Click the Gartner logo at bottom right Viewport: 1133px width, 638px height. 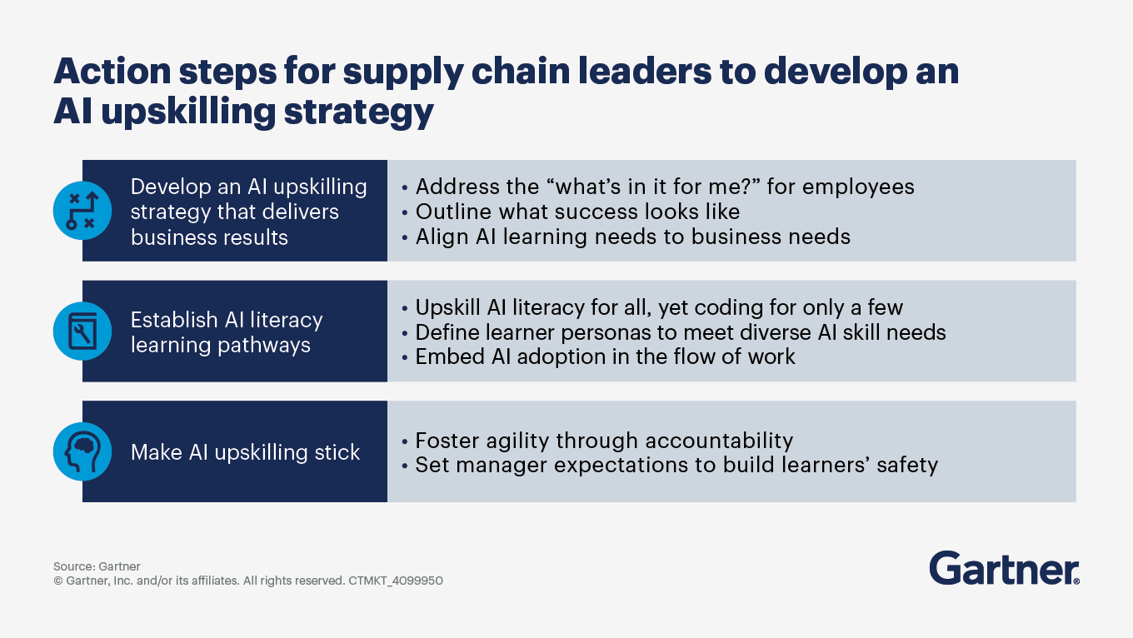pyautogui.click(x=1004, y=568)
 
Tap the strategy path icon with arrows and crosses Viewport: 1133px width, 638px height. pyautogui.click(x=82, y=211)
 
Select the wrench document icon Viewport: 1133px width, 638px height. pyautogui.click(x=82, y=331)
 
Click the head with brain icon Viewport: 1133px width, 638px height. pyautogui.click(x=82, y=451)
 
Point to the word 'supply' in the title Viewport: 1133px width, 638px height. pyautogui.click(x=403, y=72)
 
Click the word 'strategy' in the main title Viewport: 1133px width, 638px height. pyautogui.click(x=358, y=112)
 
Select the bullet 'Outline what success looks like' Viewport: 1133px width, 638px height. pyautogui.click(x=571, y=212)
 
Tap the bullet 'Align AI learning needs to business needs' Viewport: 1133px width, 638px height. pyautogui.click(x=626, y=237)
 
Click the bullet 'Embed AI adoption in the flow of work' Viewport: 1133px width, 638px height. pyautogui.click(x=598, y=356)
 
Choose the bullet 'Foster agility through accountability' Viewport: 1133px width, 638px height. pyautogui.click(x=597, y=441)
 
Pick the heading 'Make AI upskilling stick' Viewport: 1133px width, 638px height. pyautogui.click(x=245, y=452)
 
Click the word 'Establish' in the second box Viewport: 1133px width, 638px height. pyautogui.click(x=174, y=320)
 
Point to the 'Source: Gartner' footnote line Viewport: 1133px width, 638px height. pyautogui.click(x=97, y=566)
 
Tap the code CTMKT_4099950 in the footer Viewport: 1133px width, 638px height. pyautogui.click(x=396, y=581)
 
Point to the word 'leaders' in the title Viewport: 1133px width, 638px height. pyautogui.click(x=646, y=71)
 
